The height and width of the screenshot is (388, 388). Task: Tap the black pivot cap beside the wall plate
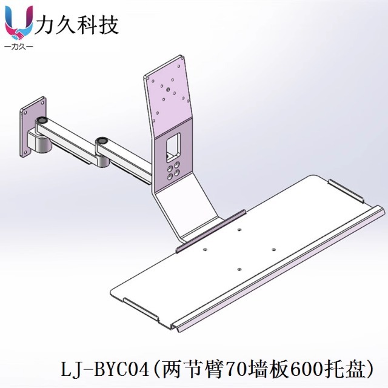tap(42, 121)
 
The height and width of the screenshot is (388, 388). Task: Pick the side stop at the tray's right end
tap(345, 189)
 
